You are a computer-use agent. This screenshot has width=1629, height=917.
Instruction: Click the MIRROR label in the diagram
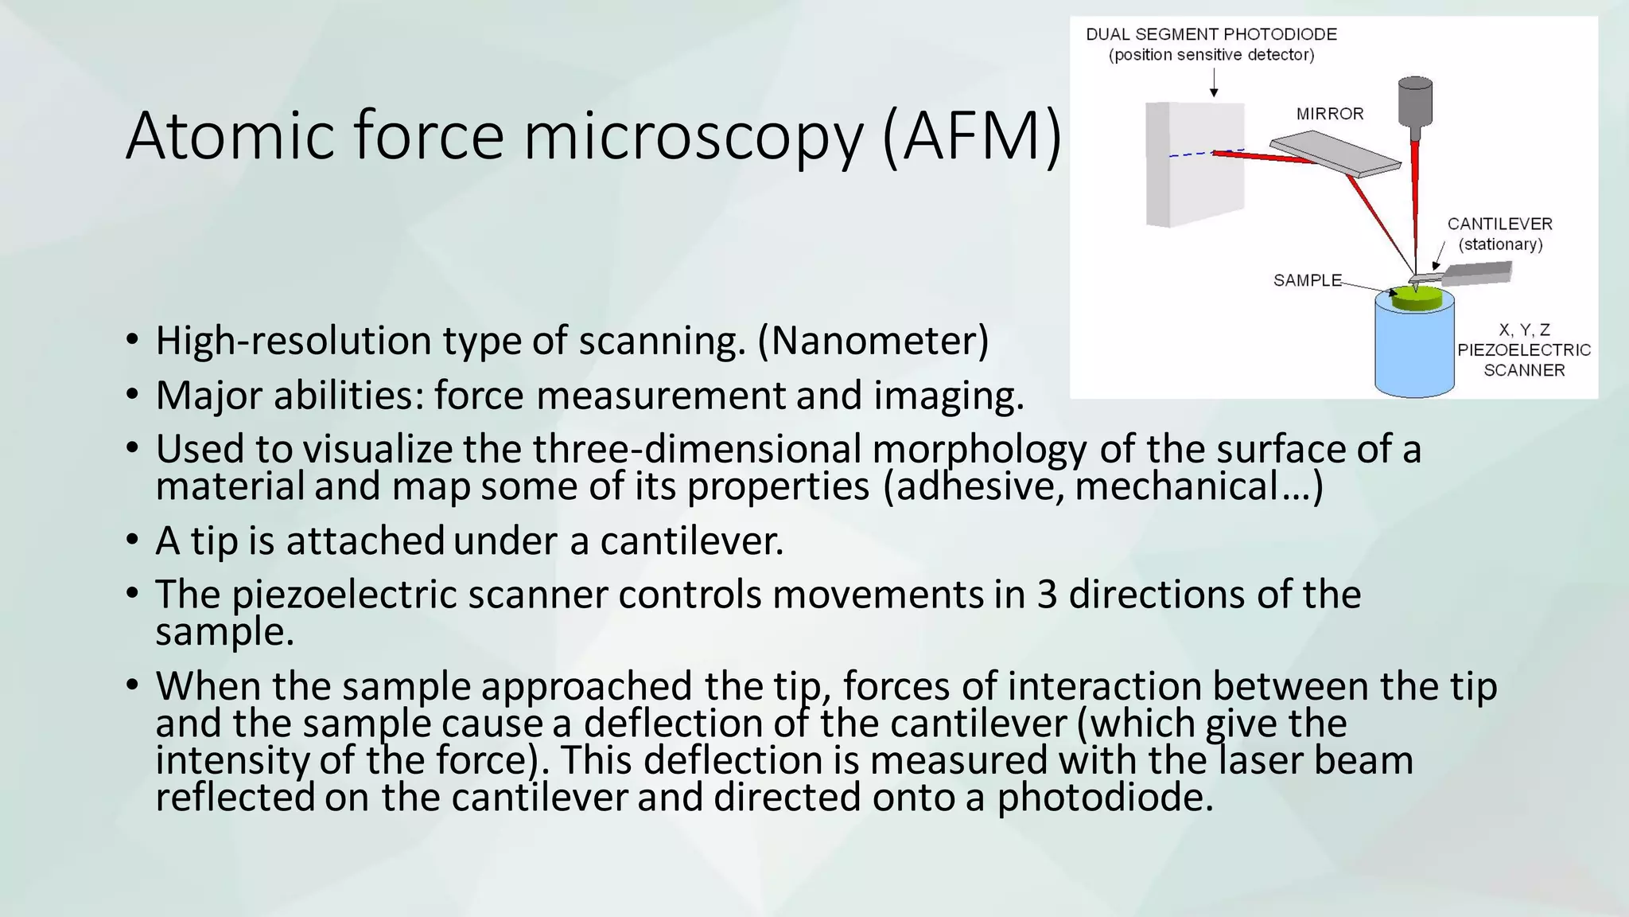1330,114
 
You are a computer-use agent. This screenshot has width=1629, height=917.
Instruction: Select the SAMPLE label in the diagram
1307,280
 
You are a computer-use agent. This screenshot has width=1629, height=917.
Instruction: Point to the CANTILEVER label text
1499,224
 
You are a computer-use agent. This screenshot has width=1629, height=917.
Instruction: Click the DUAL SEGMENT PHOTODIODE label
1211,34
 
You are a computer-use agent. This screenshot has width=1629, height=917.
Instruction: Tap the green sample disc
1416,299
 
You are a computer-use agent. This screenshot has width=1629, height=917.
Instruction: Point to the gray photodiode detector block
1193,163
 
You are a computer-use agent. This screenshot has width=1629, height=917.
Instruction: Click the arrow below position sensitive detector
1214,83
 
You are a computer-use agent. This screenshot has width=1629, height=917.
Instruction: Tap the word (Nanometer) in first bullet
873,341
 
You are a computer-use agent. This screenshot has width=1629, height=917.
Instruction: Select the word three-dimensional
697,449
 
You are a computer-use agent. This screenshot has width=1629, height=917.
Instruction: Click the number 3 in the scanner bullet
1047,595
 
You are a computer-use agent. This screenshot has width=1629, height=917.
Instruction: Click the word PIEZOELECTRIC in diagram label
1523,350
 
